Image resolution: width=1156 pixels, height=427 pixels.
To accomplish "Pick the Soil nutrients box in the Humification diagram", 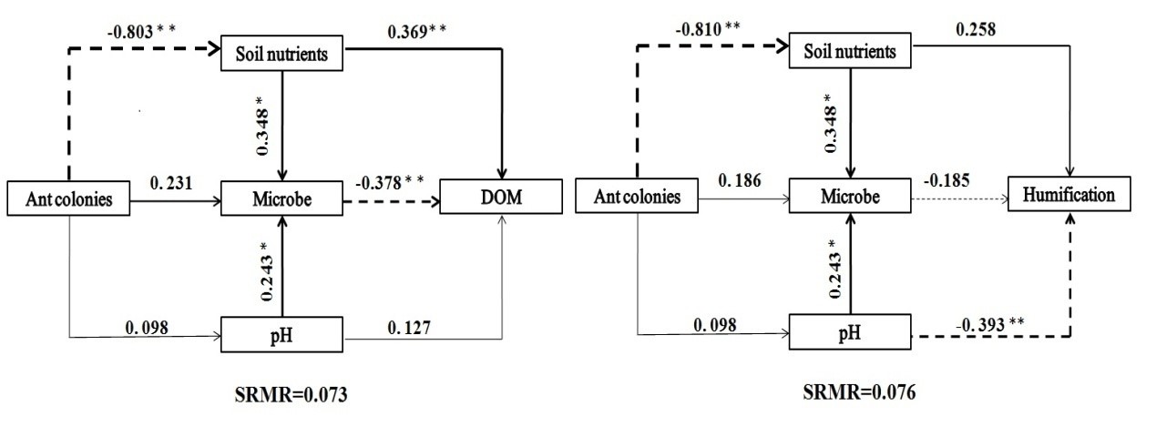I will pos(850,53).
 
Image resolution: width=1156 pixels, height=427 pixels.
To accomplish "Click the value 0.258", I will pos(976,30).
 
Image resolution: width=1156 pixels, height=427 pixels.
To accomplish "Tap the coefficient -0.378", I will pos(384,176).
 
